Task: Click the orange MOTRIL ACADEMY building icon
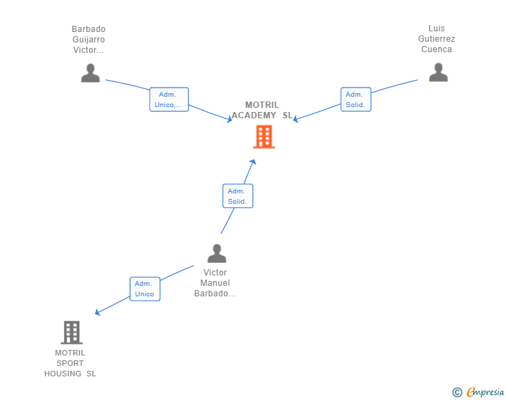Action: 264,136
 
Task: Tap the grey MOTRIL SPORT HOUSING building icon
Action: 72,332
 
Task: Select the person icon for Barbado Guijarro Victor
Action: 90,73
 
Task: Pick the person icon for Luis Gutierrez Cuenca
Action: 438,72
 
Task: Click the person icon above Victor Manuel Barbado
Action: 217,253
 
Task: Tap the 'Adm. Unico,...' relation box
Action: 169,99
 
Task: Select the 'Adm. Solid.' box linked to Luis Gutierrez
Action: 356,99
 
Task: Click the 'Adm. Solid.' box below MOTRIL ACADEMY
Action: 238,195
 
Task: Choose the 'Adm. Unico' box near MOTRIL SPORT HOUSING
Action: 145,289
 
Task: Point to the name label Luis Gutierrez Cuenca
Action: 436,39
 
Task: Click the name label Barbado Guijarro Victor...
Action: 88,40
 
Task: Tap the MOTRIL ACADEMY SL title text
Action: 262,110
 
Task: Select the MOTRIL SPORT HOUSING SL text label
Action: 70,363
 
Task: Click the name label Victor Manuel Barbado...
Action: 215,283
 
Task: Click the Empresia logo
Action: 485,392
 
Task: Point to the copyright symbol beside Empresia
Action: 457,392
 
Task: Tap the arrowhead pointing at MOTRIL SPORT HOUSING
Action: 97,312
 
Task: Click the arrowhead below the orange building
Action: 253,162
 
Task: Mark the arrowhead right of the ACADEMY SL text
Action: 295,119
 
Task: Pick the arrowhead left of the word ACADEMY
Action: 229,120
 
